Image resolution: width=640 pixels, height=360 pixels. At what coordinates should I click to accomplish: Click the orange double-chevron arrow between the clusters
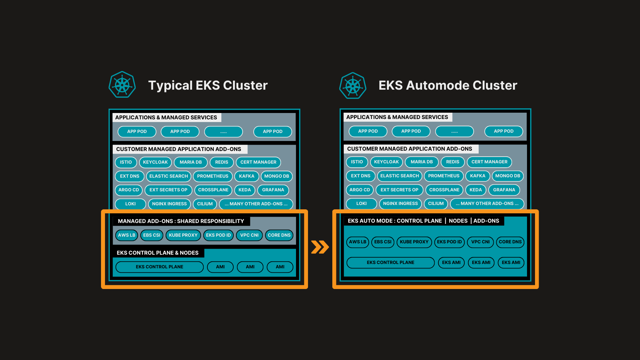click(x=320, y=247)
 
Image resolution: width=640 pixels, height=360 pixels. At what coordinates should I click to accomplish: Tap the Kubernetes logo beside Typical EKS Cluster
click(x=122, y=85)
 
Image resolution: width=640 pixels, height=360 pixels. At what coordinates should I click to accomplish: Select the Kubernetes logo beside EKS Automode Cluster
click(x=353, y=86)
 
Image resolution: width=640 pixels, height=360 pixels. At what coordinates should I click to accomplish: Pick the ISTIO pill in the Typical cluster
click(x=126, y=162)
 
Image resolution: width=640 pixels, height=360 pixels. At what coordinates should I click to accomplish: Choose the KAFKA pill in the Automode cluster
click(x=478, y=176)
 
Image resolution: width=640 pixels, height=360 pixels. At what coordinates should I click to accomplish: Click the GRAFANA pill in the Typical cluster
click(x=273, y=190)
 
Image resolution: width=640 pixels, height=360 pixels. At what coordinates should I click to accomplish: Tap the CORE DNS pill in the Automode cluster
click(x=510, y=242)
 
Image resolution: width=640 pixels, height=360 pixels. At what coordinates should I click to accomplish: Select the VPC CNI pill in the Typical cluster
click(x=249, y=235)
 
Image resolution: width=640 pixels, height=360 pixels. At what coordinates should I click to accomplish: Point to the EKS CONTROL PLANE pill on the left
click(x=159, y=267)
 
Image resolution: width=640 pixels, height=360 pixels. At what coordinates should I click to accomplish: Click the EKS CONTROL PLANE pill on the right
click(x=390, y=263)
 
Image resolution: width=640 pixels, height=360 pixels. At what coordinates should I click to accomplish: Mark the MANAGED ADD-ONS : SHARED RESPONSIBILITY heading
click(x=181, y=221)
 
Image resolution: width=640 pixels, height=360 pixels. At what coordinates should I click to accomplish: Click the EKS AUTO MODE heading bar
click(x=423, y=221)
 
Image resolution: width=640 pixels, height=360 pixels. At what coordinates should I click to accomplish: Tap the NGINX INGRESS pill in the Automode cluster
click(x=400, y=204)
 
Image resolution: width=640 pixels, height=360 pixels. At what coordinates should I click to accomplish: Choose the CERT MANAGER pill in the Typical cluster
click(x=258, y=162)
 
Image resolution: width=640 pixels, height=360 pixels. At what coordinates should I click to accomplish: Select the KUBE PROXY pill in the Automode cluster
click(x=414, y=242)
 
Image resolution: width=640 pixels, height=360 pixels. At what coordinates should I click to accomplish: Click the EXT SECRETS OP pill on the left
click(x=168, y=190)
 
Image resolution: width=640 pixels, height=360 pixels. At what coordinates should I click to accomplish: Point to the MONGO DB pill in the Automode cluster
click(x=508, y=176)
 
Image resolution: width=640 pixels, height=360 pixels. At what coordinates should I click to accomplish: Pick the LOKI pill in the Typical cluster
click(x=130, y=204)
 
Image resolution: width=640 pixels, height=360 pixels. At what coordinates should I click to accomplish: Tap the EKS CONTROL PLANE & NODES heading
click(x=158, y=253)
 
